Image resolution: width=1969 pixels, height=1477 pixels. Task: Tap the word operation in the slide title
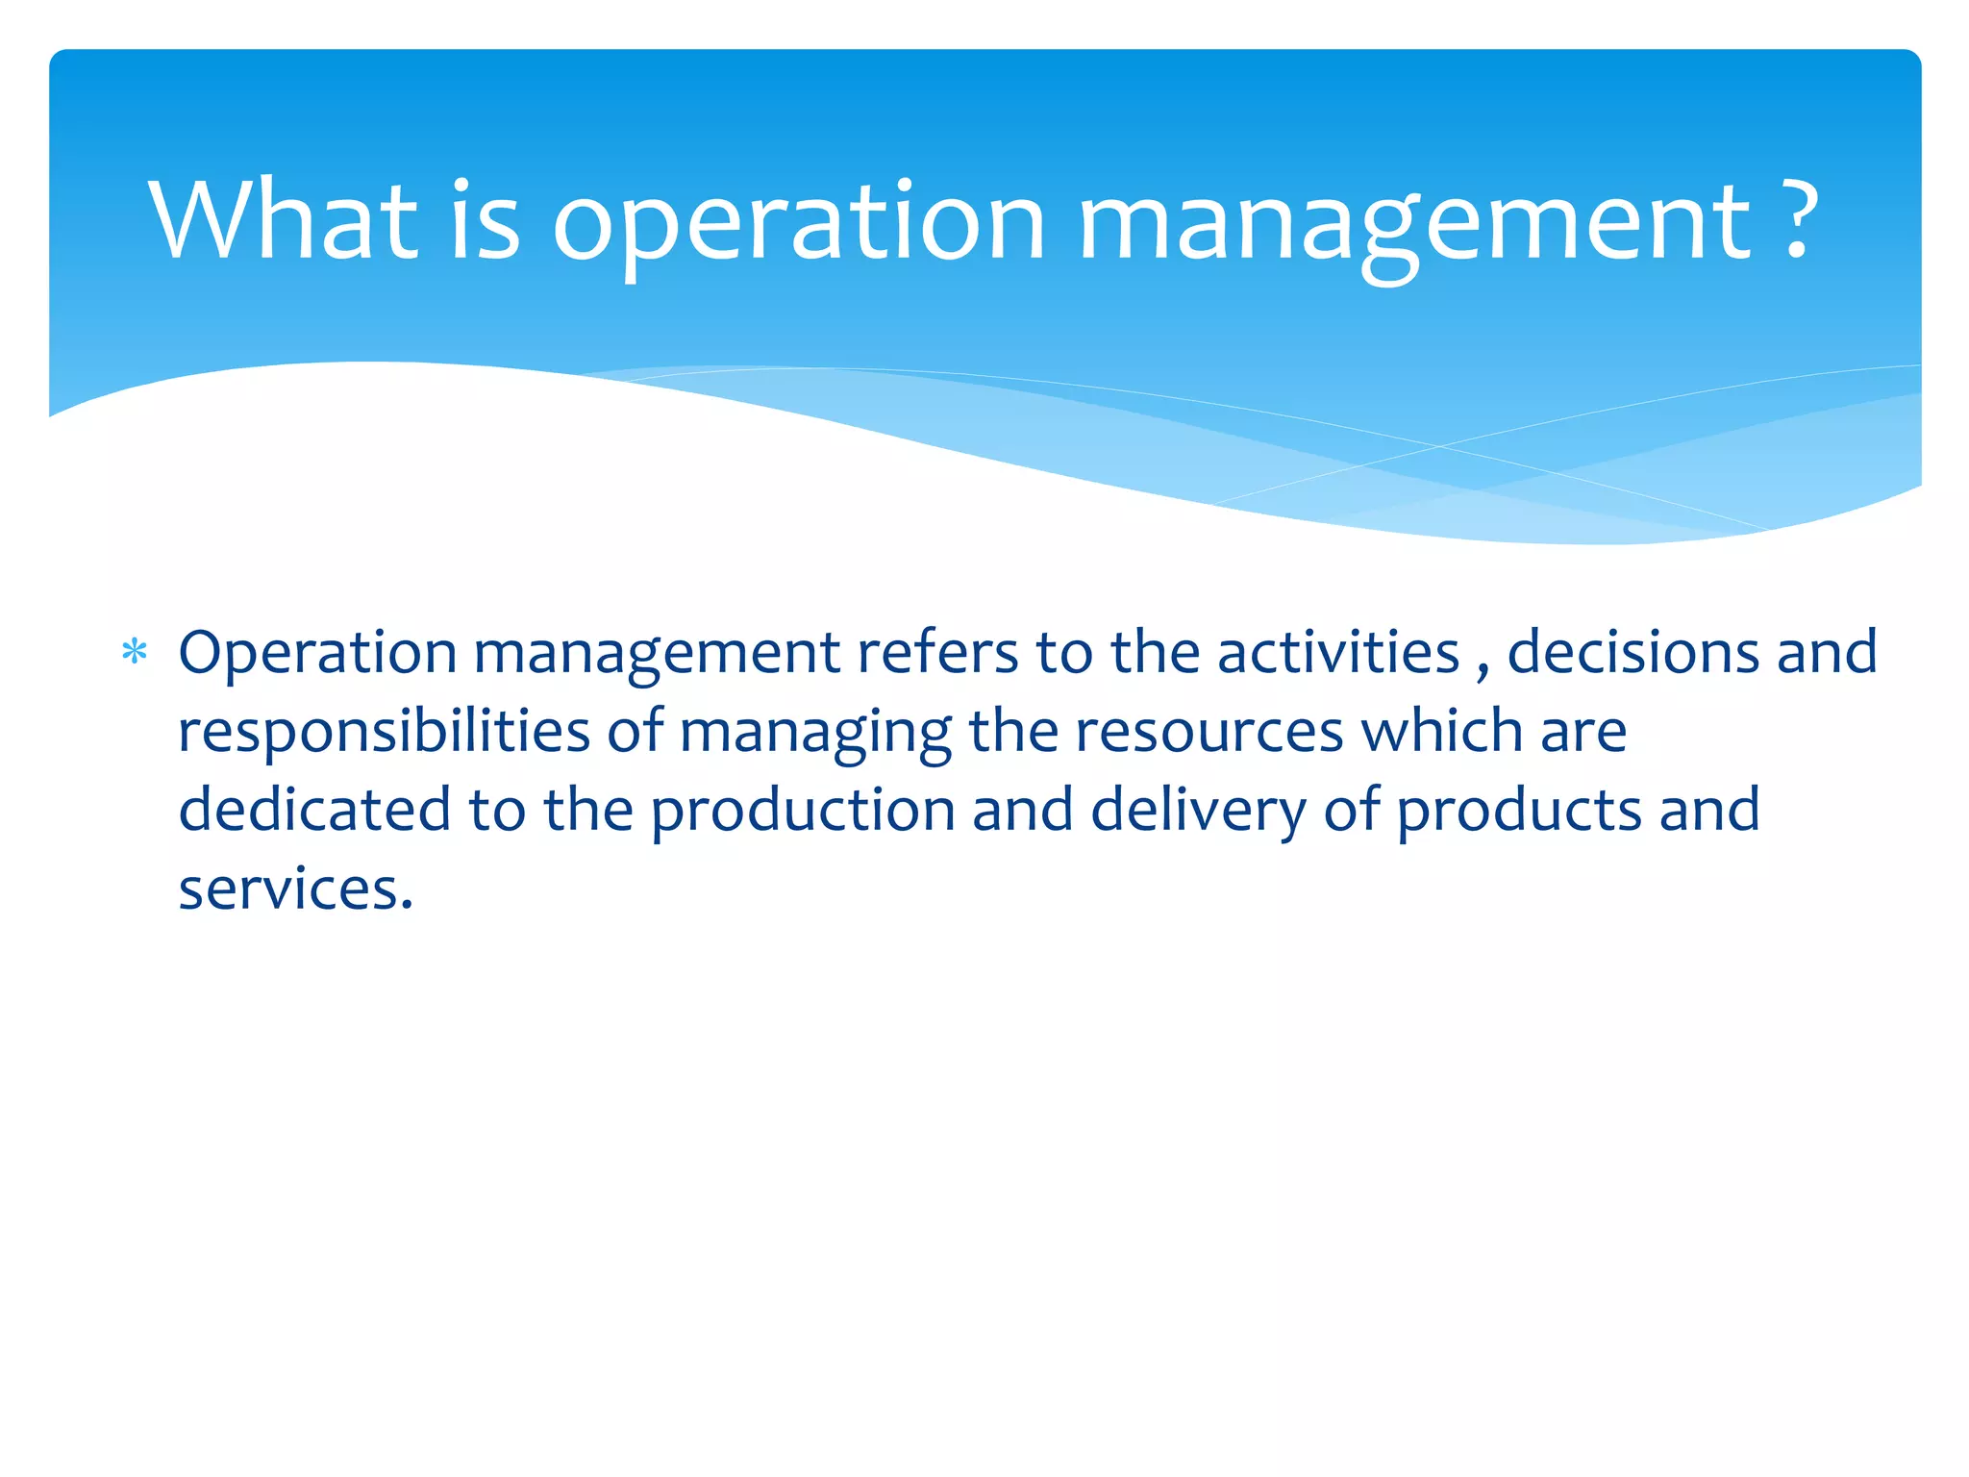[798, 223]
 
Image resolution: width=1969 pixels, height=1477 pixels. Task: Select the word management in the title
[1414, 223]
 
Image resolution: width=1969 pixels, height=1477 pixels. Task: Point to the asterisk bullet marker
[135, 654]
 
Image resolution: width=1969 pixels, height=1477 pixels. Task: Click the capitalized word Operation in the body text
[317, 654]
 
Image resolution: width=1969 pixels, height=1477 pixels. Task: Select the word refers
[936, 652]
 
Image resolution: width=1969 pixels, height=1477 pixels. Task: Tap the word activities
[1338, 652]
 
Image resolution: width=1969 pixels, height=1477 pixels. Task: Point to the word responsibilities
[384, 733]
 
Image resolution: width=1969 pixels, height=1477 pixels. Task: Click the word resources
[1209, 733]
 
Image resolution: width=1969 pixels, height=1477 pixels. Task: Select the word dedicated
[314, 810]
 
